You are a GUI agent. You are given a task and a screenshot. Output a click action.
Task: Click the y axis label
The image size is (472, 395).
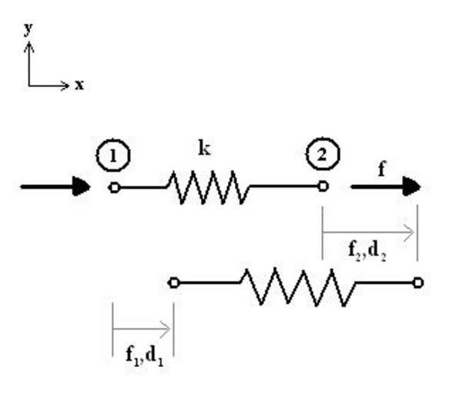[29, 29]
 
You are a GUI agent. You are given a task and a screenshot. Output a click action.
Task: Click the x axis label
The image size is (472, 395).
[79, 85]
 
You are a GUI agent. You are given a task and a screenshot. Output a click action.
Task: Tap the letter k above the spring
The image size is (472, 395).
[205, 149]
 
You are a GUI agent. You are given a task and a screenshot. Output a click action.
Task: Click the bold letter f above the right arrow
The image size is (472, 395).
[381, 170]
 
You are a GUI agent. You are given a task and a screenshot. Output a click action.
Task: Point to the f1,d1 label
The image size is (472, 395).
[143, 357]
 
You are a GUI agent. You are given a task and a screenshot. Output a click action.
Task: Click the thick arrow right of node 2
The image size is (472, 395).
[385, 187]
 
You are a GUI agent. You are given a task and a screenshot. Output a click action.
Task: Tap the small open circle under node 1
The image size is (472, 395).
[115, 187]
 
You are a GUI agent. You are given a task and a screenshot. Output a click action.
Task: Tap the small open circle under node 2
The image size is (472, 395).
[323, 186]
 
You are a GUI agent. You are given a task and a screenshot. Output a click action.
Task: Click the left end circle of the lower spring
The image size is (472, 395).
[174, 282]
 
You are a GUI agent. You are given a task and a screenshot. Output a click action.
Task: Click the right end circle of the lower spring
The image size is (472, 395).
[418, 282]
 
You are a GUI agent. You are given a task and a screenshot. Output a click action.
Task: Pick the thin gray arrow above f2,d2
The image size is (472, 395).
[370, 231]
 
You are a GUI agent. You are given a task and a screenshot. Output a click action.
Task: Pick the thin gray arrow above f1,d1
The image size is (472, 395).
[143, 329]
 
